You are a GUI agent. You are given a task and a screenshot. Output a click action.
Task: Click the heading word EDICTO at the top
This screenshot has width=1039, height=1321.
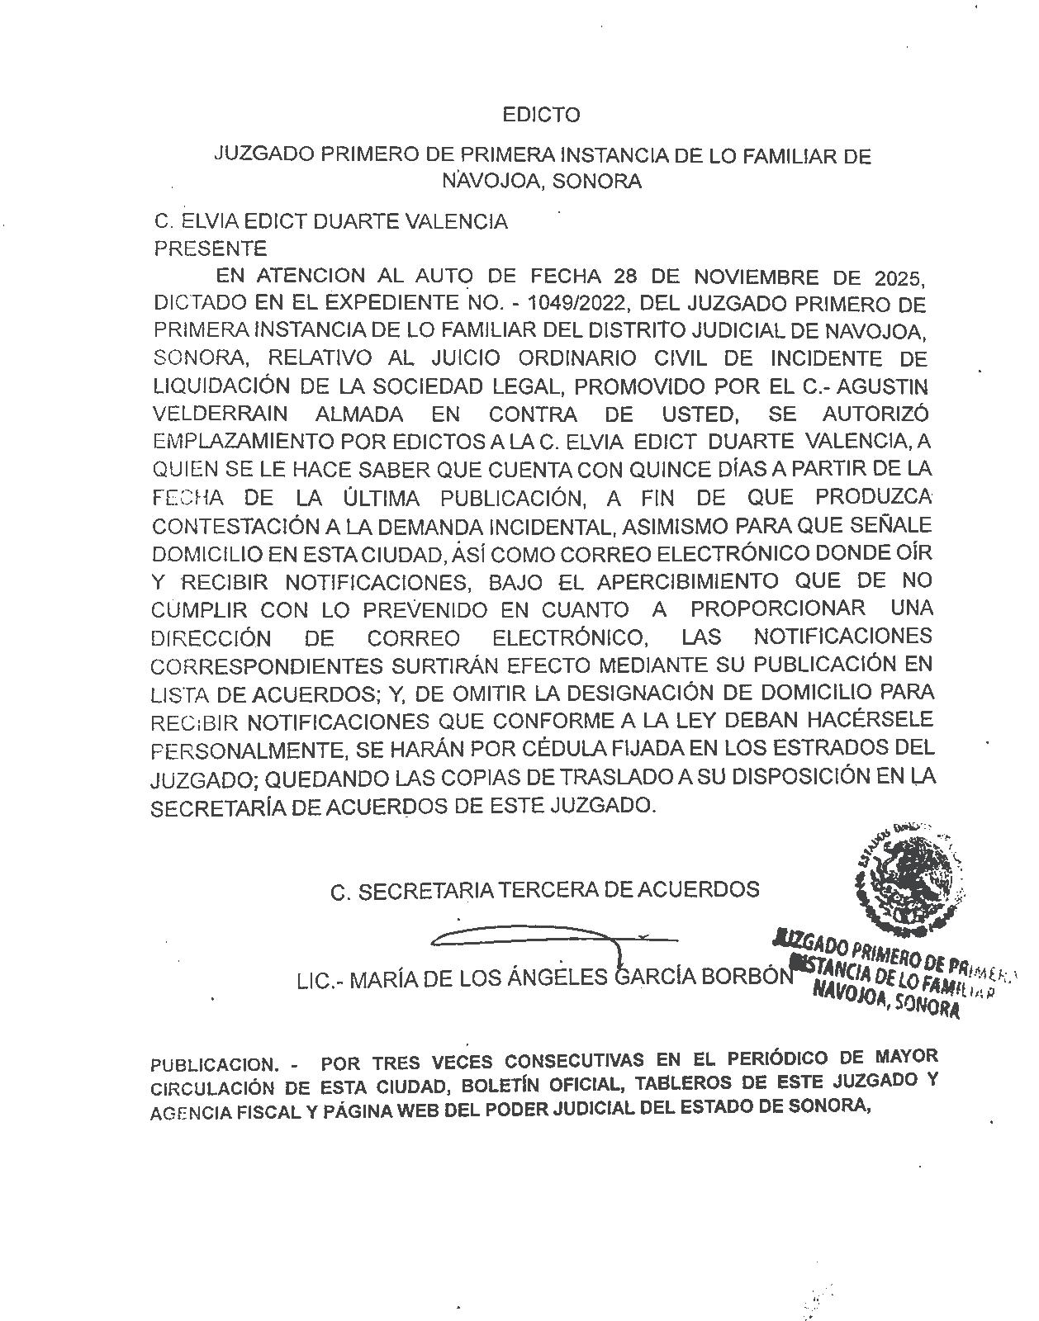[x=541, y=115]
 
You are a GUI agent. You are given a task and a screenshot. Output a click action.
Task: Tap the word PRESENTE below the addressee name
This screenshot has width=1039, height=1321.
[x=211, y=249]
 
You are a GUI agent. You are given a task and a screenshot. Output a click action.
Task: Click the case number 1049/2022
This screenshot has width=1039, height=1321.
[x=580, y=304]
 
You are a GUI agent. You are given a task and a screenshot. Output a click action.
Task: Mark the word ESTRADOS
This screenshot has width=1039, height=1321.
[x=799, y=748]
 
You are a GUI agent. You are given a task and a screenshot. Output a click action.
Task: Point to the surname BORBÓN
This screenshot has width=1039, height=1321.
[x=747, y=978]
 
